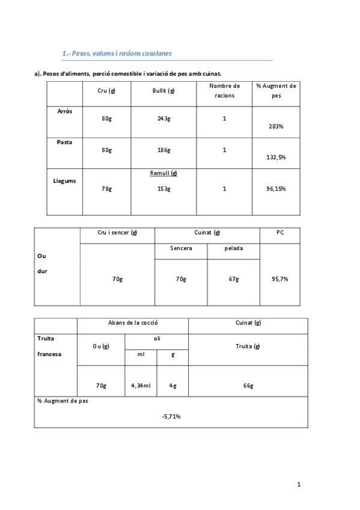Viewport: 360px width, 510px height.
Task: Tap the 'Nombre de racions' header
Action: coord(225,90)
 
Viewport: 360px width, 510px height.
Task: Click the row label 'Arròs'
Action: coord(64,111)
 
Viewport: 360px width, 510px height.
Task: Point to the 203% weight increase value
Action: coord(276,126)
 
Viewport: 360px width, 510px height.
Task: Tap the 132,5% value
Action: coord(276,157)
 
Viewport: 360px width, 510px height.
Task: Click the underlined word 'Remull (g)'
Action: coord(164,173)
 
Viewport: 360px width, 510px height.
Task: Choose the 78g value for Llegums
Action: coord(106,189)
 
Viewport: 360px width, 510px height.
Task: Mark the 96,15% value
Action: coord(276,189)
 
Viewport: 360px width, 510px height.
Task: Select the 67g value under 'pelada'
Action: coord(234,279)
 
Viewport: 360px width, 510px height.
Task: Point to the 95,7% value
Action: coord(280,279)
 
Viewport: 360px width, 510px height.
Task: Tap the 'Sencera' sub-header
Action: coord(181,248)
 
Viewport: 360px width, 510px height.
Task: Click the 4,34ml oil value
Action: coord(141,386)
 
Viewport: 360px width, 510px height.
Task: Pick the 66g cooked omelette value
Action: coord(248,386)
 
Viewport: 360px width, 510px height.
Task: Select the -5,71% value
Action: coord(171,416)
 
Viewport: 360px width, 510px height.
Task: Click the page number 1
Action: coord(299,484)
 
